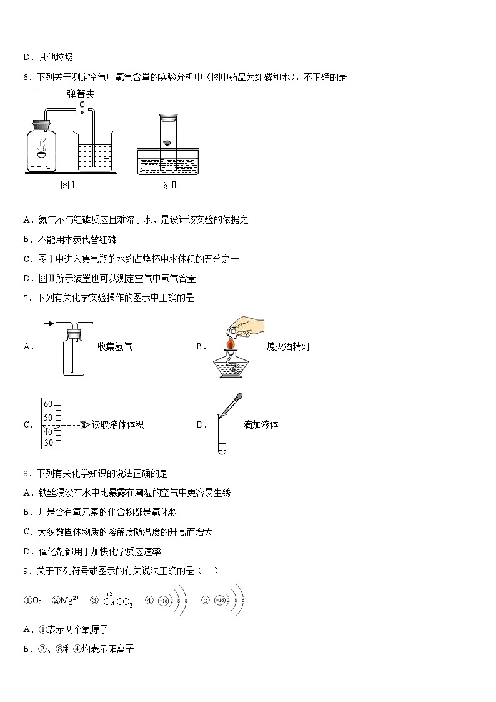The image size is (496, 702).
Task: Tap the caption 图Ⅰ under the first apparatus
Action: pos(67,185)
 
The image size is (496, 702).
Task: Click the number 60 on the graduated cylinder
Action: pos(48,404)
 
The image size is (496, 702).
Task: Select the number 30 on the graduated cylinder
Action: pos(48,443)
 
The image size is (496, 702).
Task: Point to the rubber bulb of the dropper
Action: pos(238,396)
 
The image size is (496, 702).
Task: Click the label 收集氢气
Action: pos(115,346)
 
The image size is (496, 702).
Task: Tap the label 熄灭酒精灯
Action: pos(287,346)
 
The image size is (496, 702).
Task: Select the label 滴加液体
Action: pos(260,424)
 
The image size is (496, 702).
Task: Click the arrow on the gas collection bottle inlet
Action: pos(49,324)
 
